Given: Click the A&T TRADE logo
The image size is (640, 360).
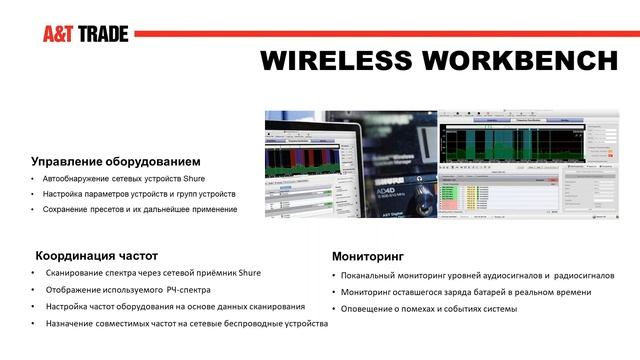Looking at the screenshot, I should [85, 33].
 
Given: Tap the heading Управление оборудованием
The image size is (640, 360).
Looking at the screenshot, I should [116, 161].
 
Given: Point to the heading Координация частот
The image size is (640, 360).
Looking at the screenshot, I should [97, 255].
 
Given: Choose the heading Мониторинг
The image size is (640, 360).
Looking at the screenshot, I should [371, 256].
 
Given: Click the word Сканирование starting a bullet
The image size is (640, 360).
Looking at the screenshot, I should [80, 273].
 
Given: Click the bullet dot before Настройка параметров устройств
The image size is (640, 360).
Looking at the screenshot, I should [34, 193].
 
